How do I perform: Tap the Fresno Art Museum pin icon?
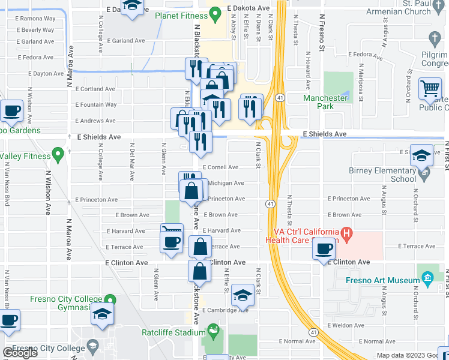click(x=427, y=279)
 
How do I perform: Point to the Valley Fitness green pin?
click(x=58, y=155)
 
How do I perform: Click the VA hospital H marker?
click(x=346, y=232)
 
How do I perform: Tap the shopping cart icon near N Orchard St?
click(x=430, y=89)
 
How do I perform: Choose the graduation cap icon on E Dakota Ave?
click(x=132, y=6)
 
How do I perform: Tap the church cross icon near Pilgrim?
click(x=435, y=40)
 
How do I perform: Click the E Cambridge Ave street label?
click(x=225, y=310)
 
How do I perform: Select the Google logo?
click(x=20, y=353)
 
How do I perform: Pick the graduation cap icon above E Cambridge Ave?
click(x=243, y=295)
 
